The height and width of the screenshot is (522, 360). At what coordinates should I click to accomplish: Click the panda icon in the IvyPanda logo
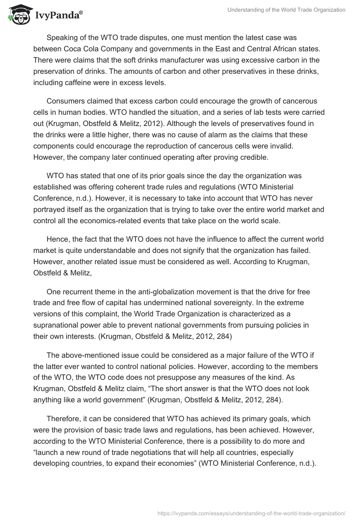(17, 15)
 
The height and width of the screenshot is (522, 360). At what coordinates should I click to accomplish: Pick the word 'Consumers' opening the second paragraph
(65, 101)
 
